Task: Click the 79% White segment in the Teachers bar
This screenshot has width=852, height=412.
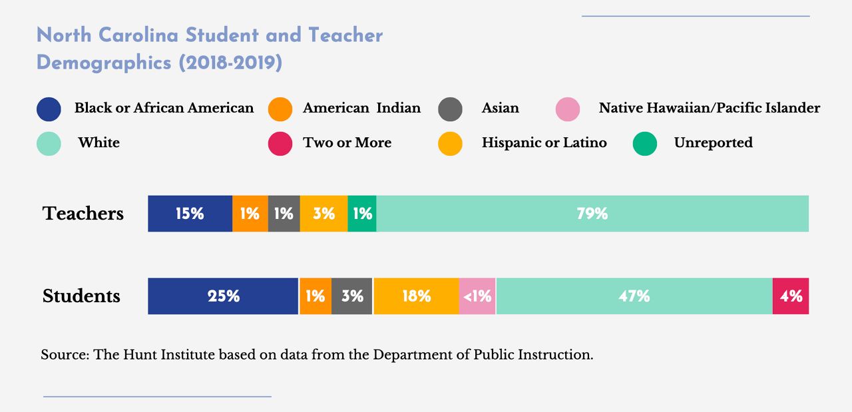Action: pos(592,214)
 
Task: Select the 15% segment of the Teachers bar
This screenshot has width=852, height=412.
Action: pos(190,214)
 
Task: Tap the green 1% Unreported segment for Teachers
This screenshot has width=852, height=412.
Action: pos(362,214)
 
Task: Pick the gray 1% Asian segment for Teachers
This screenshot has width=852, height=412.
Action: pos(284,214)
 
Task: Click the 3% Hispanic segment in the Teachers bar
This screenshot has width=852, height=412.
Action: pos(323,214)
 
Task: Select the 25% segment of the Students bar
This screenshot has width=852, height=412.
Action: pos(223,296)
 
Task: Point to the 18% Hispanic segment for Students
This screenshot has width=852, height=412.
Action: pos(416,296)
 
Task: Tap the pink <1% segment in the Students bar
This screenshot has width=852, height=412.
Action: pos(477,296)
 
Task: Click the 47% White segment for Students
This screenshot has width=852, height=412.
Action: pos(634,296)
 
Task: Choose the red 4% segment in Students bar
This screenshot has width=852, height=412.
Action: pos(791,296)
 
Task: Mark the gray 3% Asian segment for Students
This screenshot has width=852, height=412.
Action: pos(351,296)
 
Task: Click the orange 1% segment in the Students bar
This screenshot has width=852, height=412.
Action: pos(316,296)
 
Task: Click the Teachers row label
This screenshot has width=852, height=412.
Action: pos(83,214)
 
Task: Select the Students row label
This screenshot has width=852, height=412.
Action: pos(81,296)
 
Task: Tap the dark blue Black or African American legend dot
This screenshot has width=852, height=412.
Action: pos(49,109)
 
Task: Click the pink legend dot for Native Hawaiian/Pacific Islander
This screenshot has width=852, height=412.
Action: pos(568,109)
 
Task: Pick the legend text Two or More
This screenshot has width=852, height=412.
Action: pos(347,143)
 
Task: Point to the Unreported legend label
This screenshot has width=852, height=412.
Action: pos(713,143)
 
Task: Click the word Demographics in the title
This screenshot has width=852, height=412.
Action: pos(105,63)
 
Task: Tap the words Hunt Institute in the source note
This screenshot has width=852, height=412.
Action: pos(169,355)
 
